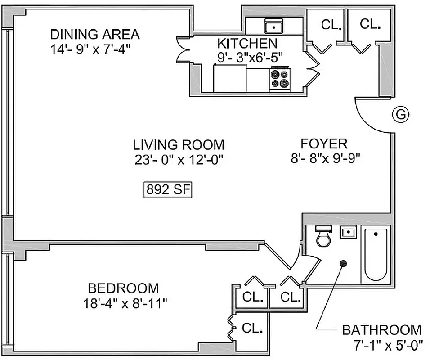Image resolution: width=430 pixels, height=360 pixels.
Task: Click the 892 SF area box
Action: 168,190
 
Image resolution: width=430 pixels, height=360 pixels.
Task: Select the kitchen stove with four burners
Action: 280,79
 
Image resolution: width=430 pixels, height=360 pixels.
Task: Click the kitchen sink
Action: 273,27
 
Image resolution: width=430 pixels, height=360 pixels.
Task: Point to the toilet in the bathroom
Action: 323,237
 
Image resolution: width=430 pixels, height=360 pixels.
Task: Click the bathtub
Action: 376,255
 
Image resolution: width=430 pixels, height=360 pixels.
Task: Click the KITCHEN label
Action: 247,44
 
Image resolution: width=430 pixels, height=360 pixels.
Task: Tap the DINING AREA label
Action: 94,34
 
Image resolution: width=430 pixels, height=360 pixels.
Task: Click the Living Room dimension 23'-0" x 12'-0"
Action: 178,159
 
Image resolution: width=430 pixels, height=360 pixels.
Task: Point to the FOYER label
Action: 324,144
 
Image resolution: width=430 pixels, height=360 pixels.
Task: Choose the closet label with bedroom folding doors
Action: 252,328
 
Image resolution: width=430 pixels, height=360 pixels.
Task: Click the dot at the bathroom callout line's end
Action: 344,263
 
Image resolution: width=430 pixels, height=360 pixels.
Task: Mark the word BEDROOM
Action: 123,288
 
